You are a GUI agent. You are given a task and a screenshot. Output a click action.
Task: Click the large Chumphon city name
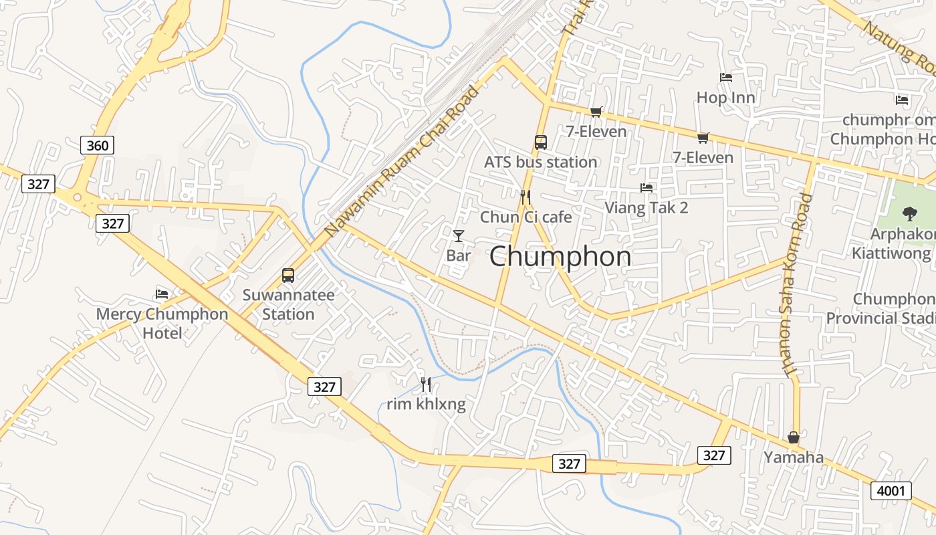560,257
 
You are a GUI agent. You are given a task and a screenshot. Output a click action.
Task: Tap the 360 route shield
98,144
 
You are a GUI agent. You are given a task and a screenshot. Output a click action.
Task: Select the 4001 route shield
891,492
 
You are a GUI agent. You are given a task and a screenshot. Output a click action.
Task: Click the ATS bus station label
540,162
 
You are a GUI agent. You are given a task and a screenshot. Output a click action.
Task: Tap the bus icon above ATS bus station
540,142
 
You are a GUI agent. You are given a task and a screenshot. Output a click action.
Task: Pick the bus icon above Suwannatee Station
287,275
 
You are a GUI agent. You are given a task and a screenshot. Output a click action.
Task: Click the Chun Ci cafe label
525,217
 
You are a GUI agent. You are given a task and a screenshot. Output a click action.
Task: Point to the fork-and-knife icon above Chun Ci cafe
525,197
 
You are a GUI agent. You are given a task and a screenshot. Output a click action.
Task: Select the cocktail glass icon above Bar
459,235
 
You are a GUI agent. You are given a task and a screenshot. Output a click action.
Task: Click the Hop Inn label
725,98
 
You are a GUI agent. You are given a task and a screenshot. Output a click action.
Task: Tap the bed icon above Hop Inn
725,78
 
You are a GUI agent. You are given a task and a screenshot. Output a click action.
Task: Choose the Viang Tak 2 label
646,207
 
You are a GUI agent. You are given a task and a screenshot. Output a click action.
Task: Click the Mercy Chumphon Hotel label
162,323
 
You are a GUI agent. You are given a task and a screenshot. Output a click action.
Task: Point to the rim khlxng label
426,404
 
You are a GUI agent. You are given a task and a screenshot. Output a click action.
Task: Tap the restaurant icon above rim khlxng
426,385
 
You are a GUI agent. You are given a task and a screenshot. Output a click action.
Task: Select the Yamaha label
794,457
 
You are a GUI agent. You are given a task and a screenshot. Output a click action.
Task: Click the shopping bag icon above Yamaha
794,437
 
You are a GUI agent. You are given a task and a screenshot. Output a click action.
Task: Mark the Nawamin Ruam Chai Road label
402,161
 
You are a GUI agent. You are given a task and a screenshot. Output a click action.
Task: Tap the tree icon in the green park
909,214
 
